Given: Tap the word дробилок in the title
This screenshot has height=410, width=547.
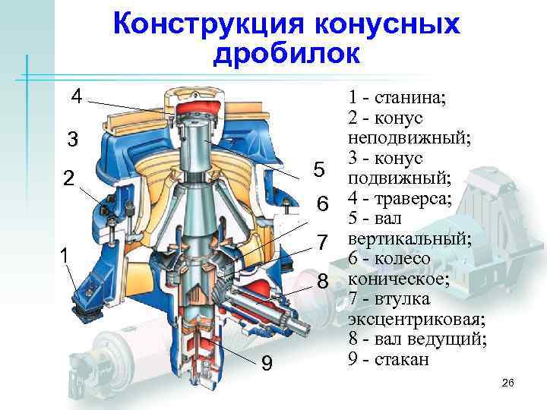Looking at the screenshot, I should [x=286, y=54].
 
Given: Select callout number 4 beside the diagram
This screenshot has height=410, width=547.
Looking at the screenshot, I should [x=76, y=96].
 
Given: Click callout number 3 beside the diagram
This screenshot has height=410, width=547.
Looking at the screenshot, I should [x=72, y=140].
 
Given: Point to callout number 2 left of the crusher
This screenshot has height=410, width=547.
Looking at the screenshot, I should [x=68, y=179].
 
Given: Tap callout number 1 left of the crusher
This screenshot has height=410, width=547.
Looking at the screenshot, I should [x=65, y=257].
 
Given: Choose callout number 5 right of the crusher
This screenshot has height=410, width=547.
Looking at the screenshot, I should [x=319, y=169].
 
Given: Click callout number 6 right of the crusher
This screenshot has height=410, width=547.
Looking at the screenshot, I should [x=322, y=204].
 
